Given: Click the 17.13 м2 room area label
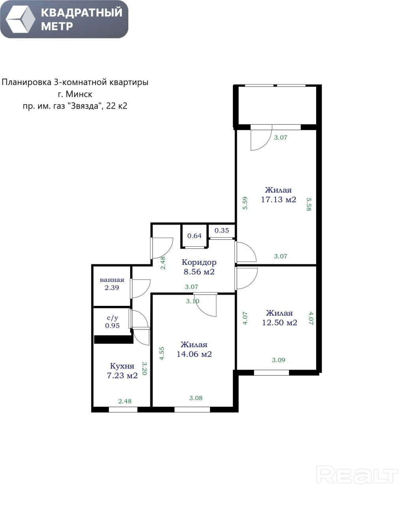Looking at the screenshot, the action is click(278, 200).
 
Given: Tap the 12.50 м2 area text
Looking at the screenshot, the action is click(279, 323).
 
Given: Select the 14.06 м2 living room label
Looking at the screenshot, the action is click(194, 354).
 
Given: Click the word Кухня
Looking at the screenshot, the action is click(122, 366).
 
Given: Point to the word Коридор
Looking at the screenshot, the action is click(199, 262).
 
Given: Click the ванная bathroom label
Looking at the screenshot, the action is click(112, 280).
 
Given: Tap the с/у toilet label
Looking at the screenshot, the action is click(112, 318).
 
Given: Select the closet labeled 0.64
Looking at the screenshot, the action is click(194, 236).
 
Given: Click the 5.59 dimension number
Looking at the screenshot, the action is click(245, 203).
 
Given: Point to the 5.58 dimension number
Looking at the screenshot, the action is click(309, 204).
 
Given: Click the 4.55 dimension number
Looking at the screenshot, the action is click(161, 353).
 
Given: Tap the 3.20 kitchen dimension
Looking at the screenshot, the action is click(144, 368).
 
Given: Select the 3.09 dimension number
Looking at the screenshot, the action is click(278, 360).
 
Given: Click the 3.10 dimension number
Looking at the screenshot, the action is click(193, 301).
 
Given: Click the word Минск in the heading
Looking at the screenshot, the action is click(79, 94).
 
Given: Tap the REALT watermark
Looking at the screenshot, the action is click(357, 476).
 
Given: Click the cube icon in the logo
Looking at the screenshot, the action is click(21, 19).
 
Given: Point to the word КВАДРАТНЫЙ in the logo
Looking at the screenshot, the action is click(82, 13).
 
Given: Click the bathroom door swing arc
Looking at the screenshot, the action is click(145, 291).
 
